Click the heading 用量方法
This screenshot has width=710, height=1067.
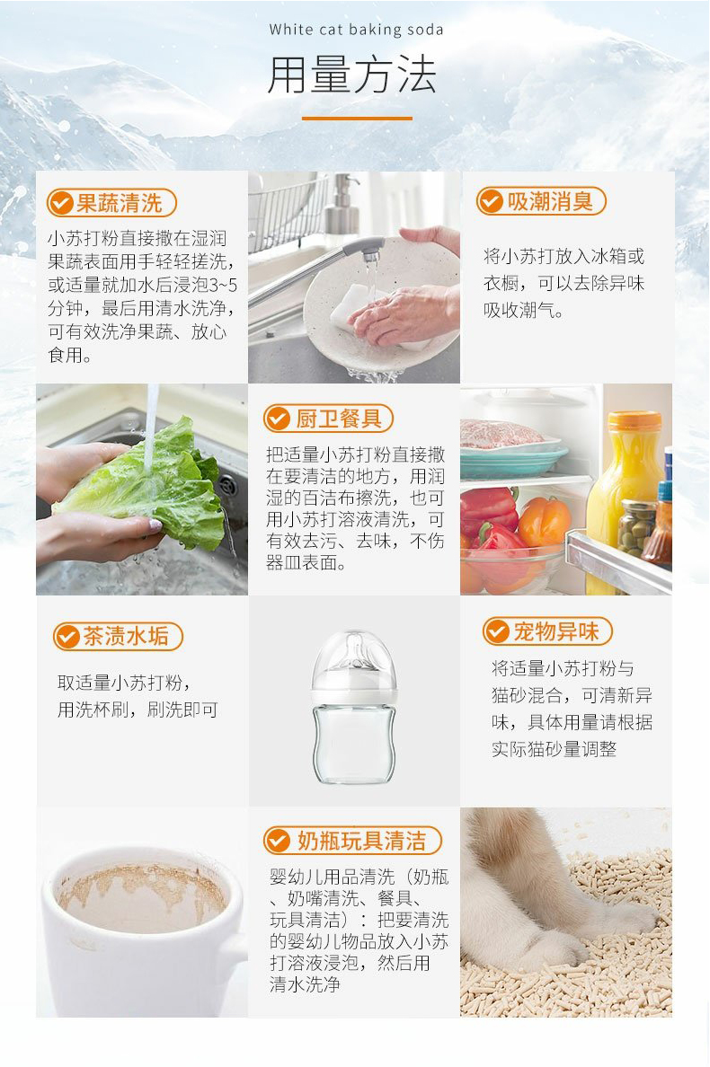pos(352,75)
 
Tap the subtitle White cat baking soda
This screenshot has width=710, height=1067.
pos(356,30)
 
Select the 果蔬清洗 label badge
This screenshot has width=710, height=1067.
pos(111,203)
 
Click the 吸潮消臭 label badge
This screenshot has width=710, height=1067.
pos(541,201)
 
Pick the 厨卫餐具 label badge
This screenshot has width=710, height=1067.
pos(328,418)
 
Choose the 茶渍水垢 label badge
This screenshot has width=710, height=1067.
pos(118,637)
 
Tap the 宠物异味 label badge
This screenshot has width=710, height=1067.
pos(546,631)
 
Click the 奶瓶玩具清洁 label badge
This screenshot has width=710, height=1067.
pos(352,841)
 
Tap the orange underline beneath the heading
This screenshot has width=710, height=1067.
pos(356,118)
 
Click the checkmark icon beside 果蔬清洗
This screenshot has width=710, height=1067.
pos(61,203)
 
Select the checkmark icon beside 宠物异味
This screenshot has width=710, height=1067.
pos(497,631)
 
